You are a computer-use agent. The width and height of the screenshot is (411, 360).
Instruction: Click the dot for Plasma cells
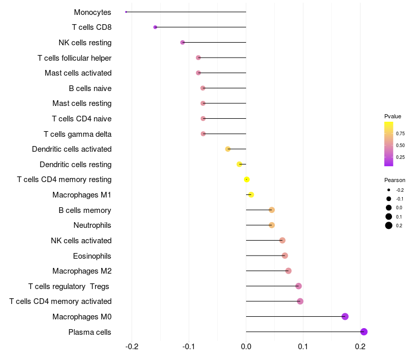364,332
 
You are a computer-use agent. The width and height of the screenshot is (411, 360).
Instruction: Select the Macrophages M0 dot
345,316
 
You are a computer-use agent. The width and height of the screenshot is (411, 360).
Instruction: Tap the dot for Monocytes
126,12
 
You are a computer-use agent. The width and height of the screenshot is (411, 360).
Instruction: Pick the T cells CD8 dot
155,27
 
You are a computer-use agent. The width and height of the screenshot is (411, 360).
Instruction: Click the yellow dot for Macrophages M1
251,194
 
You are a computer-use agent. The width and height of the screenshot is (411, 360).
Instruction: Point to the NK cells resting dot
182,42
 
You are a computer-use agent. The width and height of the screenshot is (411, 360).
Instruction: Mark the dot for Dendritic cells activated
228,149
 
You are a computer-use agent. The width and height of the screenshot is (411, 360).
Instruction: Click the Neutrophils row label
92,225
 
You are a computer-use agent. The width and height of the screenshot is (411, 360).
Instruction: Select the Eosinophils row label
92,256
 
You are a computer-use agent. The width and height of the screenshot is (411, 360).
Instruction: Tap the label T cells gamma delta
78,134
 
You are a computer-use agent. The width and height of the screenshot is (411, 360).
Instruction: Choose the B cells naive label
90,88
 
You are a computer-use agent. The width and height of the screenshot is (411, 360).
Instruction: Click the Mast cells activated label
78,73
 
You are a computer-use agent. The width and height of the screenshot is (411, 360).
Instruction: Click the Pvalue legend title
393,116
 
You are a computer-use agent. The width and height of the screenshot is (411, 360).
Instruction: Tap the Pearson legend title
395,181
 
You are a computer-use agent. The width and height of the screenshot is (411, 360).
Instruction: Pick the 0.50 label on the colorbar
400,146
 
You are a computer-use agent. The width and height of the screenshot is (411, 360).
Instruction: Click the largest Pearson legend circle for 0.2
389,225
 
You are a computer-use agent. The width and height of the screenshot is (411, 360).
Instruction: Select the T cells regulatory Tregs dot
298,286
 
